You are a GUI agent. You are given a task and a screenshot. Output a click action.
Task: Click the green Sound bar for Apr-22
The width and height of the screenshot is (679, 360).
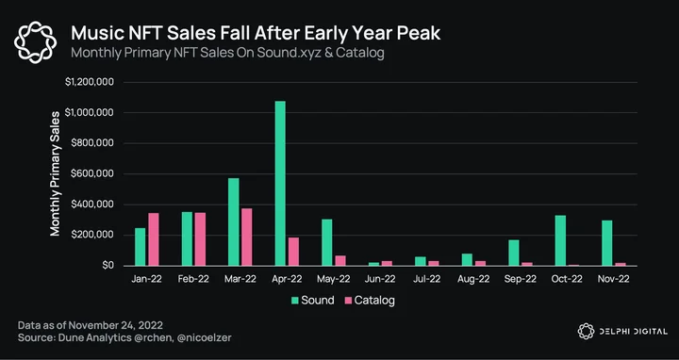point(280,183)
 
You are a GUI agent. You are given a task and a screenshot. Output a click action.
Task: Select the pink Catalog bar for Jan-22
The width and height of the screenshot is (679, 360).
point(154,239)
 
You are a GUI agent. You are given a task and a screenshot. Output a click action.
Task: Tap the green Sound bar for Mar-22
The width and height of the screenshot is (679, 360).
point(234,221)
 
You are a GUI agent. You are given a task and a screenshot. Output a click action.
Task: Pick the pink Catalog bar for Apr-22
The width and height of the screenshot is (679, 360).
point(293,252)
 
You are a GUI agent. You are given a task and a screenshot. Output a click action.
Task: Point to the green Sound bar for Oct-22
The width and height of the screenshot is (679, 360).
point(560,240)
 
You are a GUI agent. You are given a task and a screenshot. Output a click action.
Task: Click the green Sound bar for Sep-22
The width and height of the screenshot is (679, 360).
point(514,253)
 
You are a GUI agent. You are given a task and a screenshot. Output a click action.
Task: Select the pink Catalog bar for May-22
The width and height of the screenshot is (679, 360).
point(340,260)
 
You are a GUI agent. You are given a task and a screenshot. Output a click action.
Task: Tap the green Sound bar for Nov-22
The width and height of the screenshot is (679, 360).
point(607,243)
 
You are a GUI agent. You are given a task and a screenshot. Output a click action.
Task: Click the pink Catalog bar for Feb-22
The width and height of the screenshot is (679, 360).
point(200,238)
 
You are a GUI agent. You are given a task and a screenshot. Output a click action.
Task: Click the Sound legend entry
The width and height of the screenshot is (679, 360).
point(313,301)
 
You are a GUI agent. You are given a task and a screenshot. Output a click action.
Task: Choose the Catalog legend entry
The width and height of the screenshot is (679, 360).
point(370,301)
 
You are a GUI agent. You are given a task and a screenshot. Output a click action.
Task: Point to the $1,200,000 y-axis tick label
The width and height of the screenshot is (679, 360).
point(90,82)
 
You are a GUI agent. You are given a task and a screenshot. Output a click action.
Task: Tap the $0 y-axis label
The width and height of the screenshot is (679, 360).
point(108,265)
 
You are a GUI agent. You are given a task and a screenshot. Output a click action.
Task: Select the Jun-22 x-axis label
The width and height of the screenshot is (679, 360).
point(380,279)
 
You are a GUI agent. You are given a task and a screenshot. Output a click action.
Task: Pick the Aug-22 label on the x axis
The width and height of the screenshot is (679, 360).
point(473,279)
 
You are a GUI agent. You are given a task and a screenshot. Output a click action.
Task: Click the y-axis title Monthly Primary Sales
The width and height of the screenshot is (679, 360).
point(55,173)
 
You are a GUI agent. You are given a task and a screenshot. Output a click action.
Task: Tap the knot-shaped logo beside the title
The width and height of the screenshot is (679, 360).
point(35,42)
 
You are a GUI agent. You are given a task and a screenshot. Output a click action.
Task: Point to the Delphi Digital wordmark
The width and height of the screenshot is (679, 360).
point(622,332)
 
